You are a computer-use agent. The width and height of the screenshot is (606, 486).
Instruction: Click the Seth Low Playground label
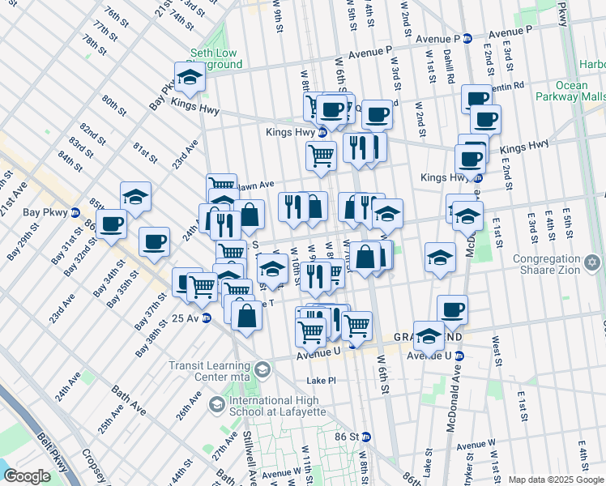pyautogui.click(x=215, y=59)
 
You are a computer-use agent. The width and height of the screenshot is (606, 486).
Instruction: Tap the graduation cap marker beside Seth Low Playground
pyautogui.click(x=190, y=78)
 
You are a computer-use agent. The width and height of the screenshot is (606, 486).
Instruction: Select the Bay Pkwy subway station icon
pyautogui.click(x=75, y=213)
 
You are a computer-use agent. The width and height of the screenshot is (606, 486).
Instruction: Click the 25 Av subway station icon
pyautogui.click(x=207, y=318)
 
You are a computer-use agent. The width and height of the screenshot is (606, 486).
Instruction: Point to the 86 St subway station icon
pyautogui.click(x=365, y=436)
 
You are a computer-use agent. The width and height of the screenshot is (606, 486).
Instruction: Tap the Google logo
pyautogui.click(x=26, y=476)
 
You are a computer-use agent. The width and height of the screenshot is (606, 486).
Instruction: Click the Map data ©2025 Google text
pyautogui.click(x=556, y=480)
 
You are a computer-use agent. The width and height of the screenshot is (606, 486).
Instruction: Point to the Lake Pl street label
pyautogui.click(x=321, y=381)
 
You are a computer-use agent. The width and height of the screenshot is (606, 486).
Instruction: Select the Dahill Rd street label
pyautogui.click(x=448, y=67)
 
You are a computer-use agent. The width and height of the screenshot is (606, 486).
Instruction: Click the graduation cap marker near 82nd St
pyautogui.click(x=135, y=196)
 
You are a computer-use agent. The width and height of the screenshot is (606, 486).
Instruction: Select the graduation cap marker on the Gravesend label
pyautogui.click(x=429, y=334)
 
